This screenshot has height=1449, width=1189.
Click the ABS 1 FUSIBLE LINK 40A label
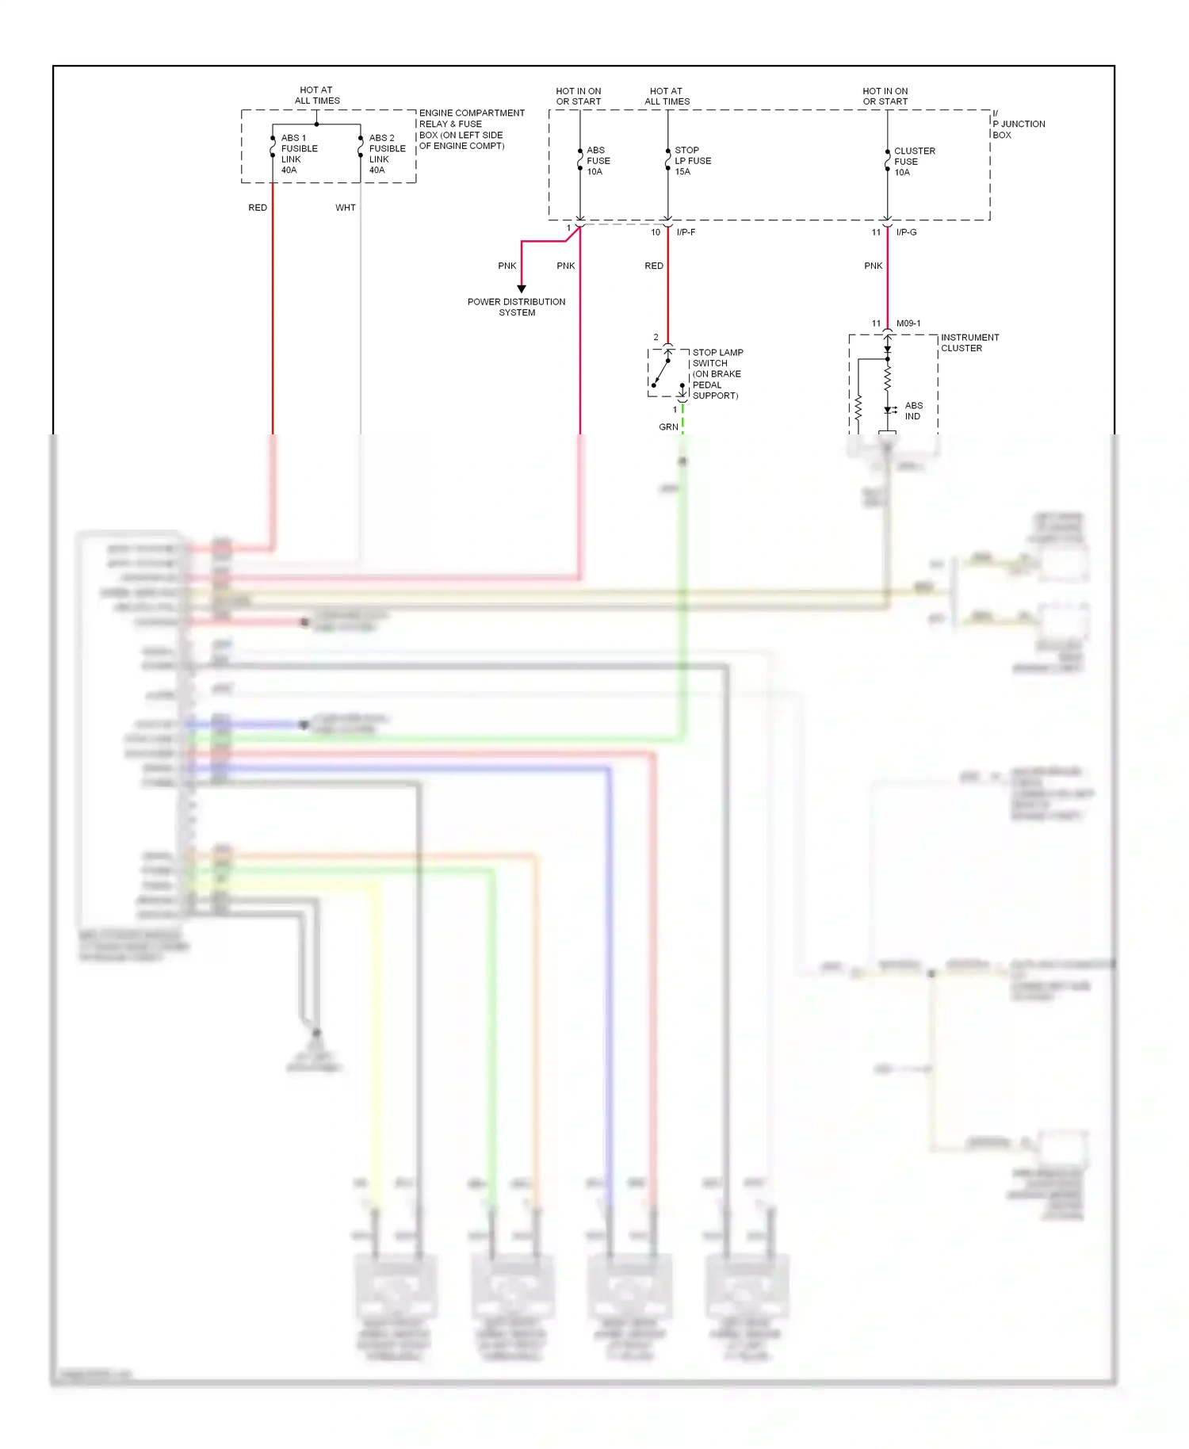pos(299,154)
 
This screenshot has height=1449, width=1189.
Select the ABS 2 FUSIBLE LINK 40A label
pos(387,154)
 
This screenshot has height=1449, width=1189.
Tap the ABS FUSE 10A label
pos(598,161)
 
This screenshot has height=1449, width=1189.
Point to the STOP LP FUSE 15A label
pos(692,161)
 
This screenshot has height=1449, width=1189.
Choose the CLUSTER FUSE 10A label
pos(914,162)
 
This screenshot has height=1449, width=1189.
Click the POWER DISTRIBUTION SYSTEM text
pos(517,307)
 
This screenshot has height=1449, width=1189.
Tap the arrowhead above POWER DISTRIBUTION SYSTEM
pos(522,289)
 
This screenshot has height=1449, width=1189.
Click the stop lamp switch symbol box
pos(668,373)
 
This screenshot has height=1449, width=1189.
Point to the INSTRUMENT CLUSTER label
pos(969,342)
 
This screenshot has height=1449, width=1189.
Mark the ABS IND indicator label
pos(913,411)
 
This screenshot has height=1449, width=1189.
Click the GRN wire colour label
pos(668,427)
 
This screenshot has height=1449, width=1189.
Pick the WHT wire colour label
pos(346,208)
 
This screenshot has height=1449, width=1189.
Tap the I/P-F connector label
pos(686,232)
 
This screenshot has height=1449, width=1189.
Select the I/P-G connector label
pos(906,232)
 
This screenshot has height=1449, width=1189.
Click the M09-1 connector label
pos(908,323)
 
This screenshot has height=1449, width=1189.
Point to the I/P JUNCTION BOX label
pos(1018,124)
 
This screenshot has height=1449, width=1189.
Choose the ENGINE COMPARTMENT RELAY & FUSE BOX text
pos(472,129)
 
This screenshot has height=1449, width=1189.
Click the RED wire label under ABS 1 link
pos(258,208)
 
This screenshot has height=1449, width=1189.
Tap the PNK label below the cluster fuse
pos(873,266)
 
